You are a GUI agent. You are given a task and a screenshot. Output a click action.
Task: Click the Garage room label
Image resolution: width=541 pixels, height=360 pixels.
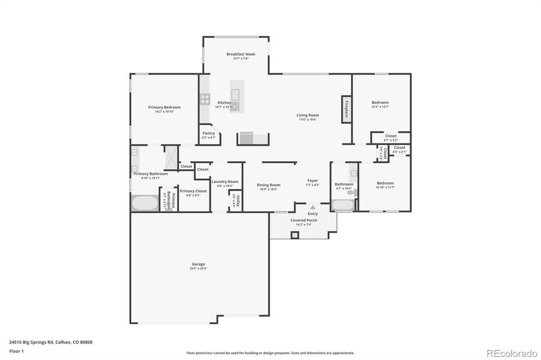(198, 264)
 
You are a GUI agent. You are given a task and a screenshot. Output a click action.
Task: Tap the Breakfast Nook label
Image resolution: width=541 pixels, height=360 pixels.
(241, 54)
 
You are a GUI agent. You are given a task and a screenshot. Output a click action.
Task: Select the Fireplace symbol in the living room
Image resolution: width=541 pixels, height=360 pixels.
(346, 109)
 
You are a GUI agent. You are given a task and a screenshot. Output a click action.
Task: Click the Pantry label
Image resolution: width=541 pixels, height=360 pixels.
(208, 133)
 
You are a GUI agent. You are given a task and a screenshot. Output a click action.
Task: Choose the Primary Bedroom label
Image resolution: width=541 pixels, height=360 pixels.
(164, 107)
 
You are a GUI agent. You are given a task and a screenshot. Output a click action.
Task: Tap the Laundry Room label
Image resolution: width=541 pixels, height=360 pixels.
(225, 181)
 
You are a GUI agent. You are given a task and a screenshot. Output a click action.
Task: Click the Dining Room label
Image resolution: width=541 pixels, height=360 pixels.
(268, 185)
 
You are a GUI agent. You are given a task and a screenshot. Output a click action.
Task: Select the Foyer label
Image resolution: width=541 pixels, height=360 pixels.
(312, 181)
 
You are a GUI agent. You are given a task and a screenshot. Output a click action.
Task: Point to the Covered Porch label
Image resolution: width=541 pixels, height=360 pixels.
(304, 220)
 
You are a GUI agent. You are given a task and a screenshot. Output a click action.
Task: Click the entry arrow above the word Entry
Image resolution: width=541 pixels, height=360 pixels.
(312, 207)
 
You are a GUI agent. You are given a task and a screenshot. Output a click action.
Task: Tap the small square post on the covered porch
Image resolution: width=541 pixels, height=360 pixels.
(295, 235)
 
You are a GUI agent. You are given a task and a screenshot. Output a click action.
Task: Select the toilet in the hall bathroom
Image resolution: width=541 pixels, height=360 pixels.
(354, 193)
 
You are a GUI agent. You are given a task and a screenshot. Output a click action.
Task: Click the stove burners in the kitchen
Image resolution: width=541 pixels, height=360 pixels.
(205, 99)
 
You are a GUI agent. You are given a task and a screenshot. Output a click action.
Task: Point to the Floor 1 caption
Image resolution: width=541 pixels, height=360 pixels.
(16, 351)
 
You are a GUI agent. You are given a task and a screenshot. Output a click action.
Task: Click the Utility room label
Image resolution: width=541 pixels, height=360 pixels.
(238, 200)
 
